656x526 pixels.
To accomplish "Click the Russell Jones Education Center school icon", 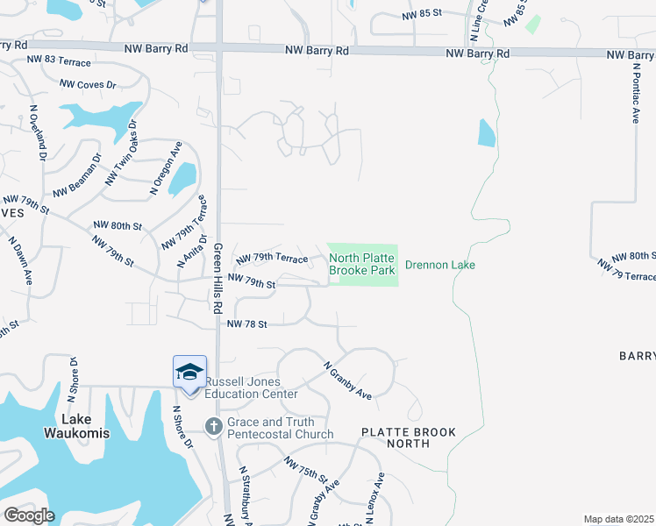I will (x=190, y=373).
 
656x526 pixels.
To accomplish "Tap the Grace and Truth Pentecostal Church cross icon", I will (x=213, y=427).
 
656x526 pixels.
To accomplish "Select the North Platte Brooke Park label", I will (x=362, y=264).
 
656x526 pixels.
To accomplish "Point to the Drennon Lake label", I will (x=439, y=264).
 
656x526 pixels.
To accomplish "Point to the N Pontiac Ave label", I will (x=635, y=92).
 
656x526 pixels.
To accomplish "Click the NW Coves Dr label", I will (x=88, y=85).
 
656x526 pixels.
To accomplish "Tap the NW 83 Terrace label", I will (x=59, y=60).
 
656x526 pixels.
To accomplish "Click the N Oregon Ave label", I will (x=165, y=167).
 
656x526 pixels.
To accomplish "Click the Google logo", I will (x=28, y=515).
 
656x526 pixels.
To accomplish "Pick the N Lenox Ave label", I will (x=374, y=499).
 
